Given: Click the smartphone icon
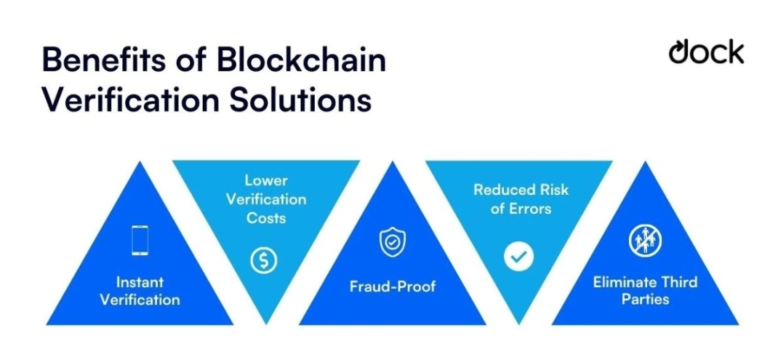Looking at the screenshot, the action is (x=140, y=240).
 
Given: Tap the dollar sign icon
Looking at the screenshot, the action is (x=264, y=260).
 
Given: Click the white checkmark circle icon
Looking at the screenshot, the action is (x=519, y=255).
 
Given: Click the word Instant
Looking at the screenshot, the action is (x=140, y=282).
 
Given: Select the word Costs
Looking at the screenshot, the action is (x=266, y=217).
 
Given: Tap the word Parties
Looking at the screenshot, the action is (x=645, y=299).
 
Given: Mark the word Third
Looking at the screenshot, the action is (x=678, y=282).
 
